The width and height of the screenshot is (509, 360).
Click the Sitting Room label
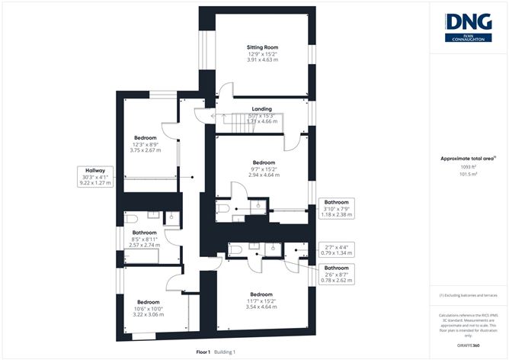pyautogui.click(x=261, y=47)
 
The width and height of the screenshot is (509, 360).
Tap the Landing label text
pyautogui.click(x=261, y=108)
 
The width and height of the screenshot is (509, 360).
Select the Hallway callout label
pyautogui.click(x=94, y=171)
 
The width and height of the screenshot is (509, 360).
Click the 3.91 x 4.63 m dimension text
pyautogui.click(x=261, y=60)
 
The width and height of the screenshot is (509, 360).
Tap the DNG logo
pyautogui.click(x=467, y=25)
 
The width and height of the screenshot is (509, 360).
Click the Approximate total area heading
pyautogui.click(x=468, y=159)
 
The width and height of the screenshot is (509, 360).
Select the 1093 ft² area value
pyautogui.click(x=468, y=167)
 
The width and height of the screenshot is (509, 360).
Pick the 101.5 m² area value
pyautogui.click(x=468, y=174)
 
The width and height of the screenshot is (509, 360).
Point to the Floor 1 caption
pyautogui.click(x=203, y=352)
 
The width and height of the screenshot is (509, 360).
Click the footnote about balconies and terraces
pyautogui.click(x=468, y=295)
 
